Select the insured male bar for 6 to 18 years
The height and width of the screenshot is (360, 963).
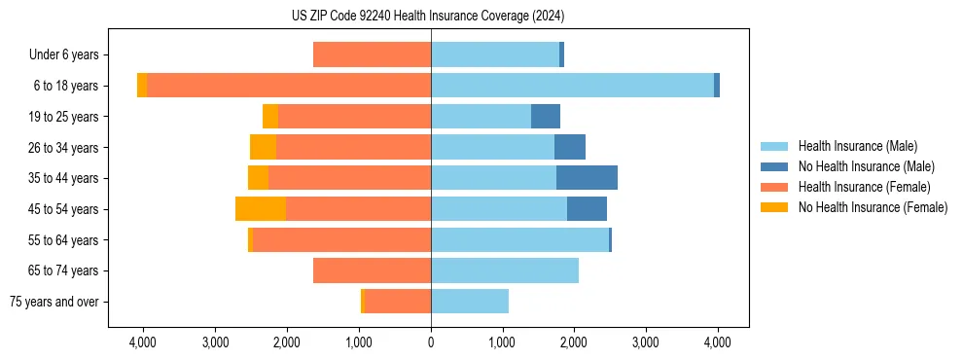[572, 86]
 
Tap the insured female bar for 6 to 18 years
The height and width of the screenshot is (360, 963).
[289, 86]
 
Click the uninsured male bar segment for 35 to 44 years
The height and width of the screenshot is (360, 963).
[587, 178]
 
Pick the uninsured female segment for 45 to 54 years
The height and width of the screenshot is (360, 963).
[261, 209]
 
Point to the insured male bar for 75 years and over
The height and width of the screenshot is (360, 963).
[470, 302]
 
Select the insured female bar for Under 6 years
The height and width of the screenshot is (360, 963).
[372, 54]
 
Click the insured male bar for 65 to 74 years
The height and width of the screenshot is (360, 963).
[505, 270]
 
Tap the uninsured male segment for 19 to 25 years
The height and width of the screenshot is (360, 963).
[546, 117]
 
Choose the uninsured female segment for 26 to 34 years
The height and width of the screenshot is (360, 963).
[264, 147]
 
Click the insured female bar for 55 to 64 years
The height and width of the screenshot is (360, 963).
[341, 239]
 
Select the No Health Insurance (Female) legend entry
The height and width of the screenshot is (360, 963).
[873, 207]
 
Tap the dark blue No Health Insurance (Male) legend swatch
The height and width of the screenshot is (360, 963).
[774, 166]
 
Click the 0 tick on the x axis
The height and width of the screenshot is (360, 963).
[431, 342]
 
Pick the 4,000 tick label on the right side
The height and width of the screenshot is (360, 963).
[718, 342]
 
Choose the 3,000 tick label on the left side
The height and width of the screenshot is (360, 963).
[215, 342]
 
